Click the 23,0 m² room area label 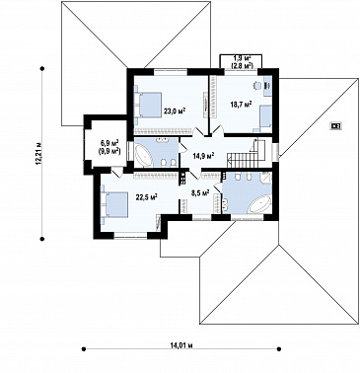click(175, 112)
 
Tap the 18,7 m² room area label click(241, 105)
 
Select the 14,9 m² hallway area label click(204, 155)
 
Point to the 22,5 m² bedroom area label click(147, 196)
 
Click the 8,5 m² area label click(200, 193)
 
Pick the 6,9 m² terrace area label click(109, 143)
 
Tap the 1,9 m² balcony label click(243, 58)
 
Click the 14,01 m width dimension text click(181, 345)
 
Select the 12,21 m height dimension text click(39, 154)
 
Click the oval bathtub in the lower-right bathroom click(259, 204)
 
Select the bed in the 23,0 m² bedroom click(148, 105)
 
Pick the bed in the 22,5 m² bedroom click(114, 204)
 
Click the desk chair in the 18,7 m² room click(256, 86)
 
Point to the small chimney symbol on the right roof click(335, 125)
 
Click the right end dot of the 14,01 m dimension click(279, 348)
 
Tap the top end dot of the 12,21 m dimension click(42, 69)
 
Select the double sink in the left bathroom click(163, 141)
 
